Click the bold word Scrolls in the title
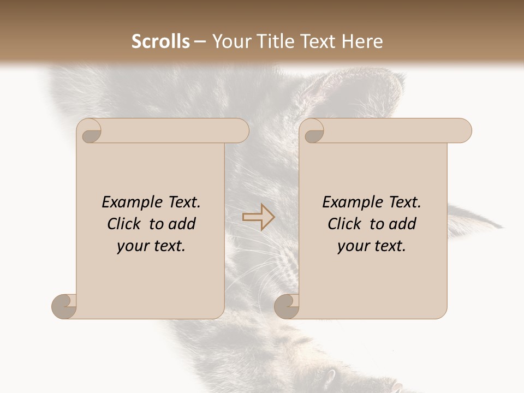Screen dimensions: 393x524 [x=161, y=41]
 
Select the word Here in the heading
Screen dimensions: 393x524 [x=362, y=41]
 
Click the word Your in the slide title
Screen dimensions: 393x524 [x=229, y=41]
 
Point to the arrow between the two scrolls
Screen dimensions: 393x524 [x=259, y=217]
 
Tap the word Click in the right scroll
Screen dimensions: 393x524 [x=345, y=224]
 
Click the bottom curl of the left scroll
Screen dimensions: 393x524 [x=63, y=306]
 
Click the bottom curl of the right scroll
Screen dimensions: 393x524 [x=286, y=306]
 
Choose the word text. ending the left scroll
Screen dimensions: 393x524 [x=168, y=247]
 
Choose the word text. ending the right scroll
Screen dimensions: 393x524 [x=388, y=247]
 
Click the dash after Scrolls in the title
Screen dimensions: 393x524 [x=200, y=42]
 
